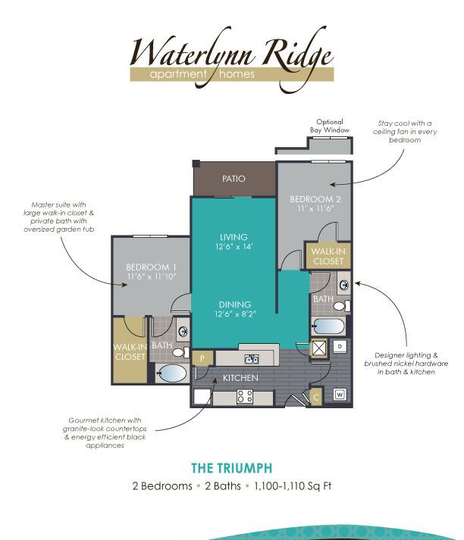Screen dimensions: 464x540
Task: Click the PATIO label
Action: point(234,179)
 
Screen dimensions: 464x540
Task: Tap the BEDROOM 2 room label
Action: point(315,199)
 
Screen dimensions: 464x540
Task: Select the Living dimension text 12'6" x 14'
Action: point(234,247)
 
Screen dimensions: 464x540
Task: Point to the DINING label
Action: point(235,304)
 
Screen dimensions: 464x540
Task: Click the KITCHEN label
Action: point(240,378)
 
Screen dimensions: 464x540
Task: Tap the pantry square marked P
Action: point(202,358)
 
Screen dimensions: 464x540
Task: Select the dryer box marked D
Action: point(340,346)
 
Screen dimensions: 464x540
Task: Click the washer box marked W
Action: point(340,395)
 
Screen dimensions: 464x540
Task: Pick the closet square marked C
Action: point(316,397)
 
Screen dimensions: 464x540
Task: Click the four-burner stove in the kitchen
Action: point(245,396)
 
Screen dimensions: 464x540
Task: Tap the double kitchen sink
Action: point(252,359)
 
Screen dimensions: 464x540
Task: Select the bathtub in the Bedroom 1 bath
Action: point(171,373)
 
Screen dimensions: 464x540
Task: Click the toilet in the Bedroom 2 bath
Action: point(342,306)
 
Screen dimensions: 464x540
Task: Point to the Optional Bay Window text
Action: point(330,126)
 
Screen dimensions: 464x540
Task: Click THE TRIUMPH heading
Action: point(232,468)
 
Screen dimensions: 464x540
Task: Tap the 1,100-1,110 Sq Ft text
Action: point(293,486)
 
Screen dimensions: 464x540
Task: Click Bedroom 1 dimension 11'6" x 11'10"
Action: point(152,276)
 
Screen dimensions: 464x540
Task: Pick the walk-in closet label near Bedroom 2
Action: point(328,256)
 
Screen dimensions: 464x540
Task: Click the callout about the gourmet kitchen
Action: point(105,432)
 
